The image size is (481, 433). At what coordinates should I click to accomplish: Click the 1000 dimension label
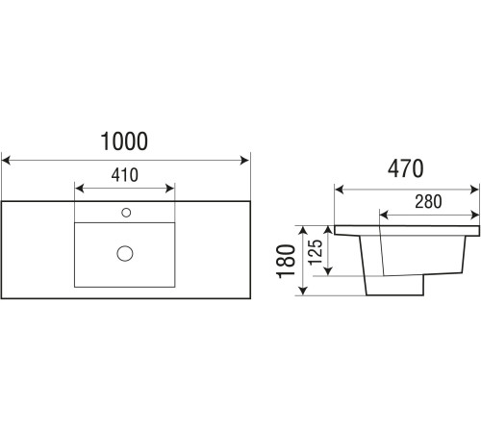124,141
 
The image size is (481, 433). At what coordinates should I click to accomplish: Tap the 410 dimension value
125,175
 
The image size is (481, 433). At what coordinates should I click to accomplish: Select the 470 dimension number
406,168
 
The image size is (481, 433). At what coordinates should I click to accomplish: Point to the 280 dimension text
428,202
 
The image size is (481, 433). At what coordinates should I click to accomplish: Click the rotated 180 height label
286,261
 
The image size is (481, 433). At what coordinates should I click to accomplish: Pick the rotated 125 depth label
316,252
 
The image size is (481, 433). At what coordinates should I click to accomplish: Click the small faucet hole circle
126,213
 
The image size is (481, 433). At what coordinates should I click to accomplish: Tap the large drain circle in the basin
125,253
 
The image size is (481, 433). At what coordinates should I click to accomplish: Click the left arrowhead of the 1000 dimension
6,160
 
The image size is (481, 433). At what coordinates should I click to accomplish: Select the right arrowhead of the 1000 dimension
244,160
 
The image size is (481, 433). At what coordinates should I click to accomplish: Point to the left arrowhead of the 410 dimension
79,189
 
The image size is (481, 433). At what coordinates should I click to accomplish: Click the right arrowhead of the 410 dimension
169,189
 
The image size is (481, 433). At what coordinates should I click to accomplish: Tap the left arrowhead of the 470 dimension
340,190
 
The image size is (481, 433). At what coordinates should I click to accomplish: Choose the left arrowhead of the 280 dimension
384,215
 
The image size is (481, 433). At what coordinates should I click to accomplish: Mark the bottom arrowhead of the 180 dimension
303,291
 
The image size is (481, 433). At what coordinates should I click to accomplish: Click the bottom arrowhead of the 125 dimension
328,271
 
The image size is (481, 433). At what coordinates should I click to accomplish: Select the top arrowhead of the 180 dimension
303,231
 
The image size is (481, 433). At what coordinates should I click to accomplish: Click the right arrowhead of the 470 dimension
474,190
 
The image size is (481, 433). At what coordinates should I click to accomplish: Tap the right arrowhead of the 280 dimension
474,215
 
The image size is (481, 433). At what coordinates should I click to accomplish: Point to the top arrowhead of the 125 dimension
328,231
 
